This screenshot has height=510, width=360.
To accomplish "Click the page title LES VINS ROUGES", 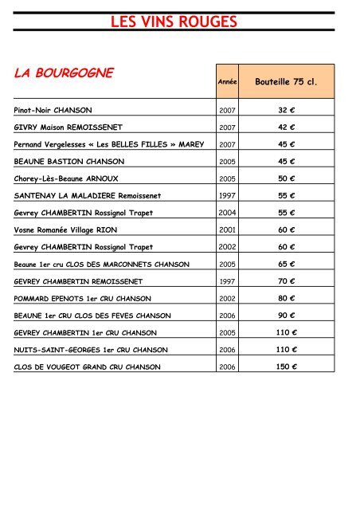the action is [173, 23].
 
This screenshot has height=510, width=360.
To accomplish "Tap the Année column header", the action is [226, 82].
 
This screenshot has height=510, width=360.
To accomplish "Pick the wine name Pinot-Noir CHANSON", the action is [53, 109].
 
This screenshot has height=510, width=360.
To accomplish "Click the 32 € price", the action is [287, 109].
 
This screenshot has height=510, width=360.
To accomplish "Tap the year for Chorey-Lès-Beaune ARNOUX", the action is [226, 178].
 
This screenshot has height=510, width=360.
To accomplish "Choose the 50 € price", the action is [287, 178].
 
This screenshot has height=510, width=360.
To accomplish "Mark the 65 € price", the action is [287, 264].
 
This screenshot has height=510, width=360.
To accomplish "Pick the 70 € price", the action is [287, 281].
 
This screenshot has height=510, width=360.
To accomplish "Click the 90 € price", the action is [287, 316].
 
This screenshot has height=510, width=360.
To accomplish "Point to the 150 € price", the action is [287, 367].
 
